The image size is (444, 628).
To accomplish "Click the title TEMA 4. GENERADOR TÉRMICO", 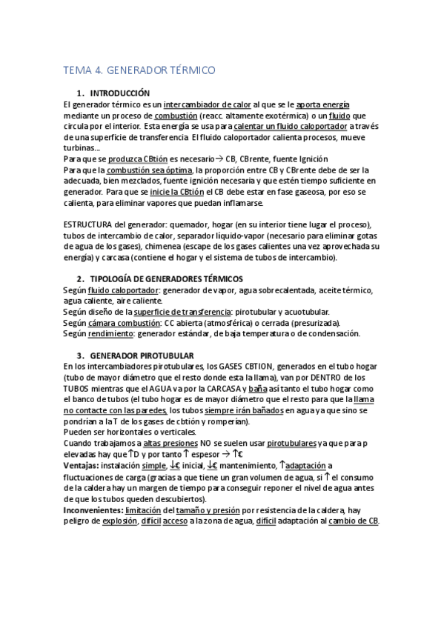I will click(x=139, y=70).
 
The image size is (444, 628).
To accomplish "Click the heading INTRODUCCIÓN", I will click(x=119, y=94).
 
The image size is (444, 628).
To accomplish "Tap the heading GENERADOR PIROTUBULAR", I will click(x=141, y=355).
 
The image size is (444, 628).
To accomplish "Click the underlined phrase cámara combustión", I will click(x=124, y=323).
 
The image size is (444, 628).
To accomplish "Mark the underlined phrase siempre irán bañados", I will click(x=244, y=410).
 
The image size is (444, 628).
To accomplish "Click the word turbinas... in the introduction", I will click(x=82, y=148).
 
